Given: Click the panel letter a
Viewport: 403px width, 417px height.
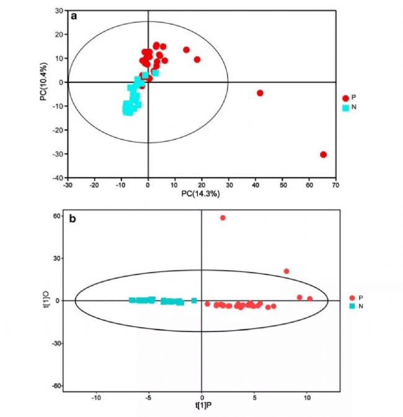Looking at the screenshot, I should (74, 16).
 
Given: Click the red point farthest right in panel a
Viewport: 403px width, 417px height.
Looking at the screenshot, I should (323, 154).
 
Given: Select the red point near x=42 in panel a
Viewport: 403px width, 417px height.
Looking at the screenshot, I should (260, 93).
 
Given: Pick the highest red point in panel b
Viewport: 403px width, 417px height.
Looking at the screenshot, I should (223, 217).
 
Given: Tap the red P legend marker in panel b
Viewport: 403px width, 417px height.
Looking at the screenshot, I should (352, 297).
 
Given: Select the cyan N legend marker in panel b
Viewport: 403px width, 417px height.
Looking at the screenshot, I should (352, 306).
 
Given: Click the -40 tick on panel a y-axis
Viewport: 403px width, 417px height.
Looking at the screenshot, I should (58, 178).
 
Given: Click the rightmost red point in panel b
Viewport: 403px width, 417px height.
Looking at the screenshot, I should (309, 299).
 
